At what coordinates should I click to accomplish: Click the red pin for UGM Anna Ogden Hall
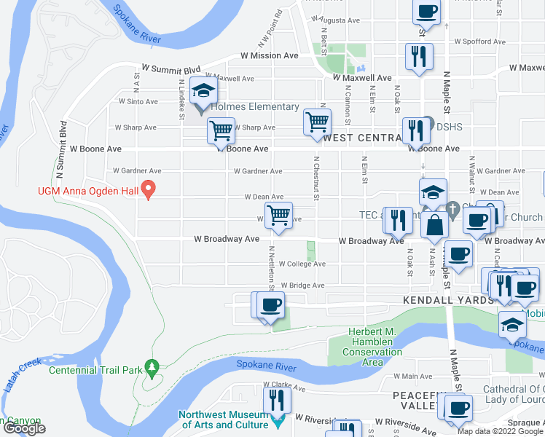tap(149, 190)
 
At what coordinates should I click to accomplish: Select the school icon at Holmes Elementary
tap(203, 92)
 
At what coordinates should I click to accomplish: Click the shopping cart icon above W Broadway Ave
tap(278, 216)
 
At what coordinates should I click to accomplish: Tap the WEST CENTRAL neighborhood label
tap(363, 138)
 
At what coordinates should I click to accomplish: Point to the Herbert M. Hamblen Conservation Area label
tap(372, 342)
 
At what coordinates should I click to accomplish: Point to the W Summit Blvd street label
tap(170, 68)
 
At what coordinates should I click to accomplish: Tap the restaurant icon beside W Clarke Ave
tap(277, 400)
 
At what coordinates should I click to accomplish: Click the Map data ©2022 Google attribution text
tap(500, 431)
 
